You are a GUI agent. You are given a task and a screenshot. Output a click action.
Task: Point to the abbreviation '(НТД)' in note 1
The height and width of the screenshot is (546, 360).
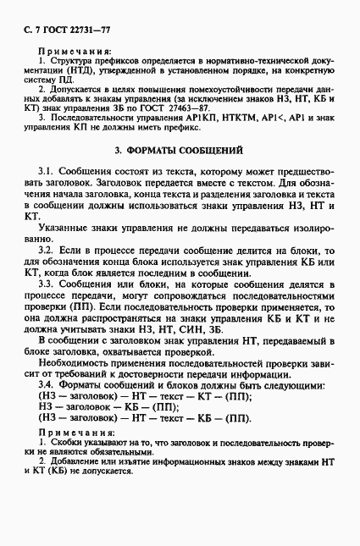tap(91, 74)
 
